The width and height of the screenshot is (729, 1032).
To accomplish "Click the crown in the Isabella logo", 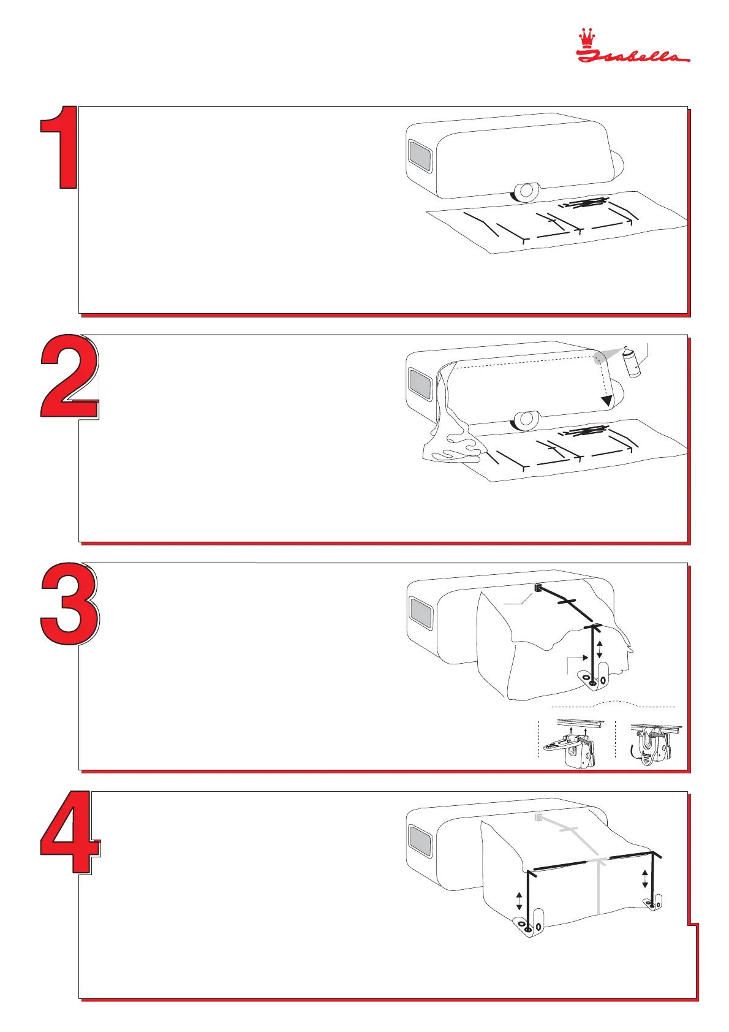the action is [586, 38].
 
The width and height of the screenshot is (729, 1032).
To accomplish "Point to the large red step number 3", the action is [70, 604].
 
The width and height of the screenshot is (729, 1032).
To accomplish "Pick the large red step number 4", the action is [70, 832].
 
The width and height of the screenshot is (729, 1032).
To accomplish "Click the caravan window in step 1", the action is [420, 156].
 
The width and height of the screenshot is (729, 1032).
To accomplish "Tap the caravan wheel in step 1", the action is [526, 191].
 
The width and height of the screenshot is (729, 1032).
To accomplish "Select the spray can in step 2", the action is [632, 362].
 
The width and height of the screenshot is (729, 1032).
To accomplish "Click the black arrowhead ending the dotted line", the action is [607, 400].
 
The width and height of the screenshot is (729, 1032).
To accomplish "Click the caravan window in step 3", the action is [421, 613].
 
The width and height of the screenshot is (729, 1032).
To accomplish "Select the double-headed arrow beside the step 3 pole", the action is [599, 650].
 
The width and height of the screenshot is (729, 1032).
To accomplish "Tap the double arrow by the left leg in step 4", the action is [519, 901].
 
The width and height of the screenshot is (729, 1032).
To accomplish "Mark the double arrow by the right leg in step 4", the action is [644, 879].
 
